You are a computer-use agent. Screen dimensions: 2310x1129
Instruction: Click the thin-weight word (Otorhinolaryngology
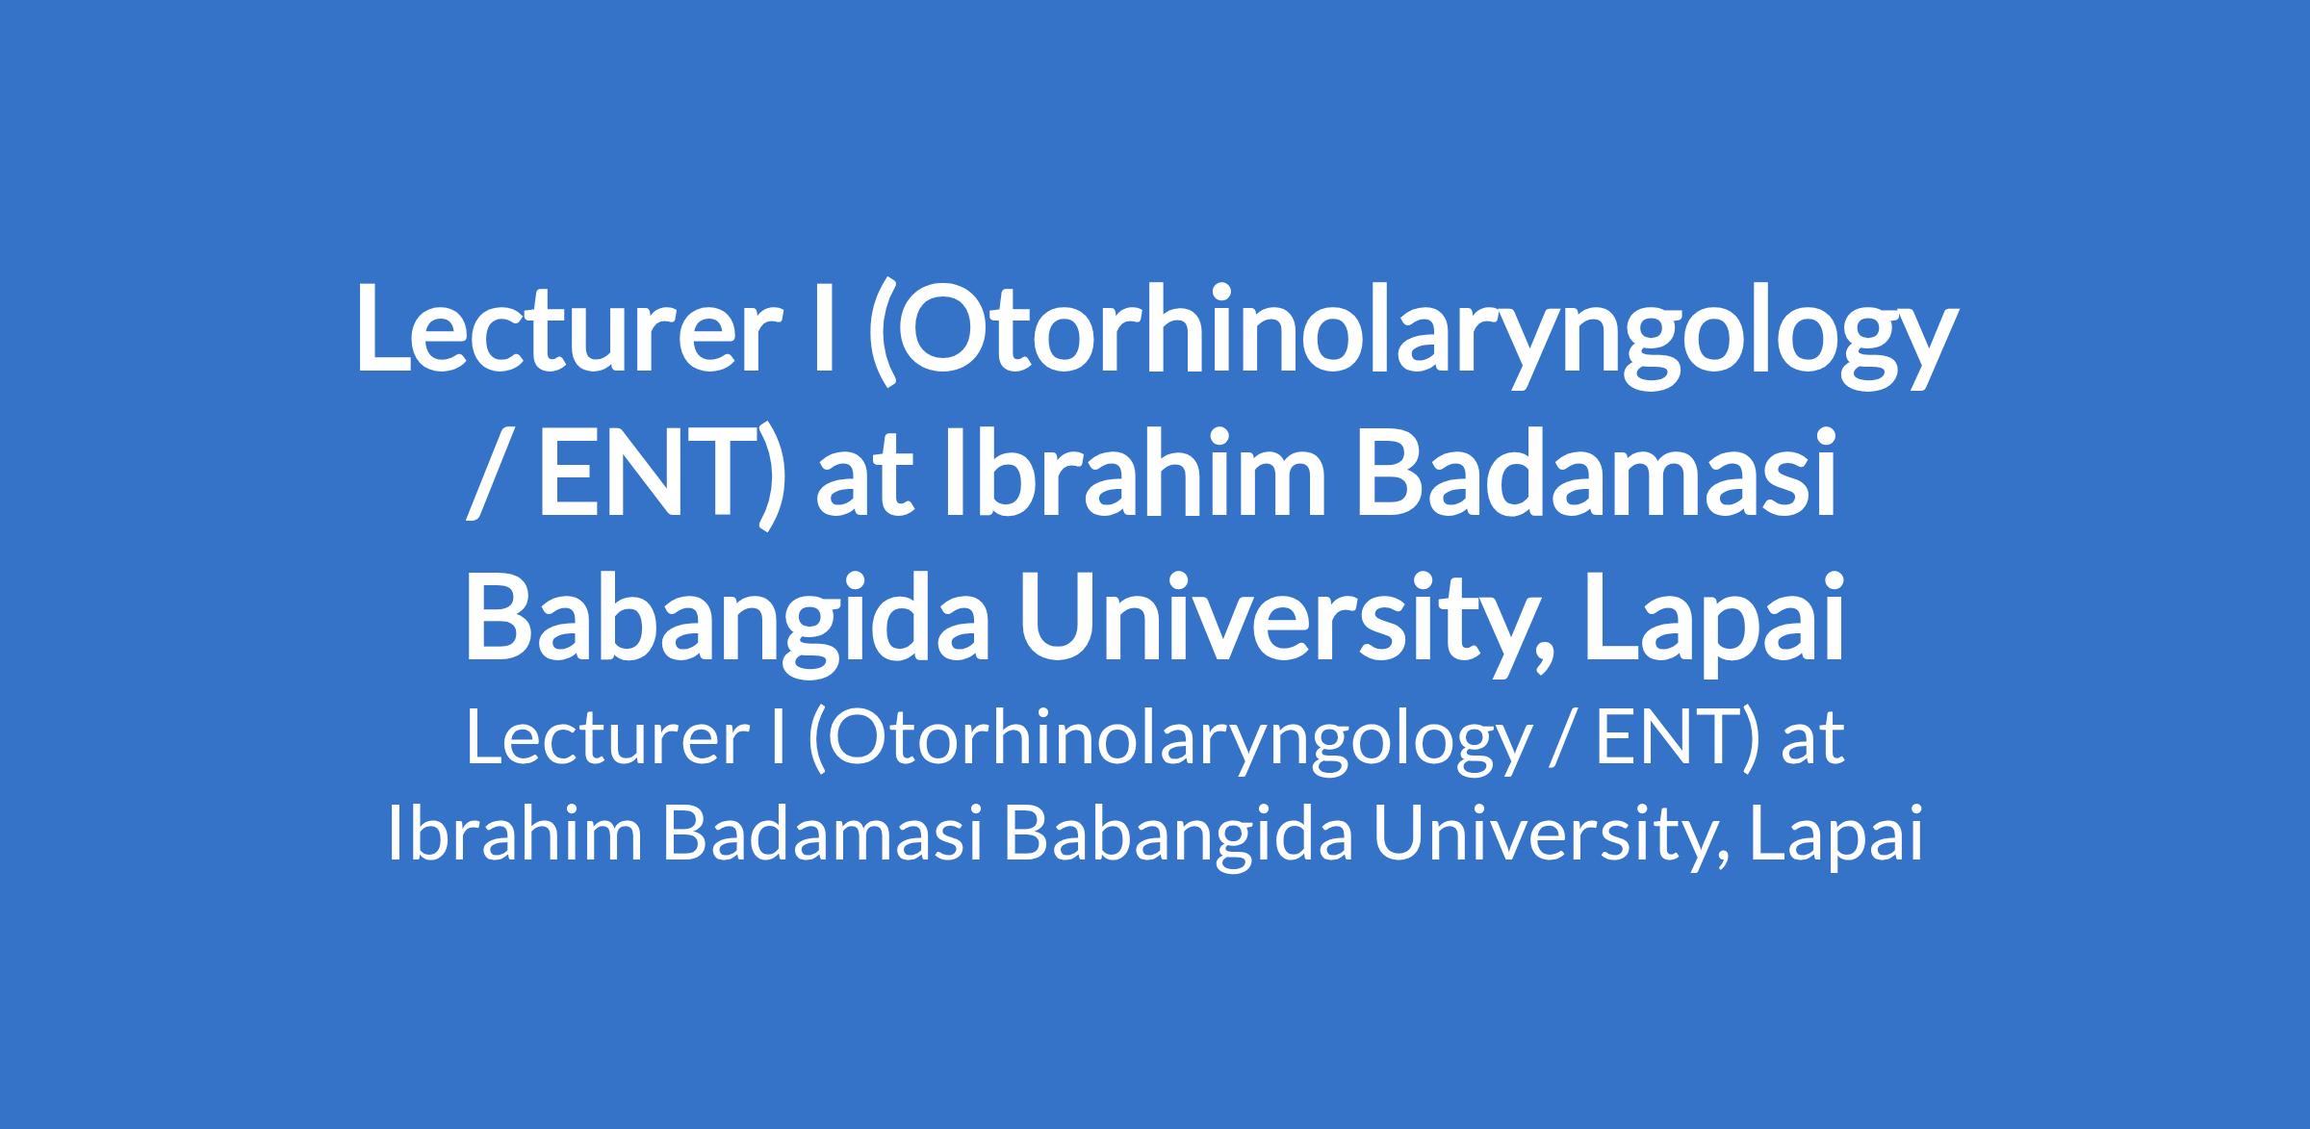click(x=1168, y=744)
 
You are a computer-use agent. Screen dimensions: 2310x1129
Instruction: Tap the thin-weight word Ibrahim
click(x=514, y=834)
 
